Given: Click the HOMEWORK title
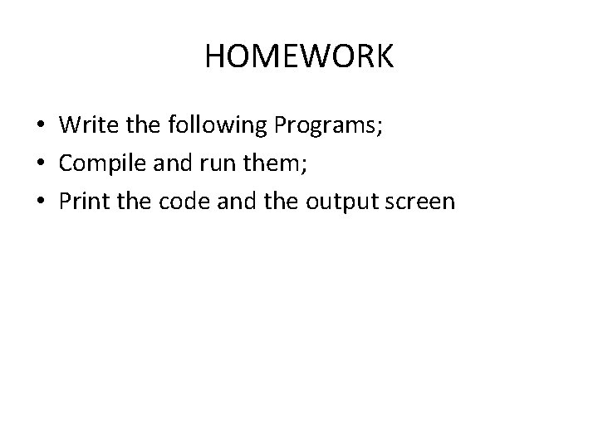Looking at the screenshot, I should [299, 56].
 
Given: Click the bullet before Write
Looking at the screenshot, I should [42, 125].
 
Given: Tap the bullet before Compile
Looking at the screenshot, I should [42, 163].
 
